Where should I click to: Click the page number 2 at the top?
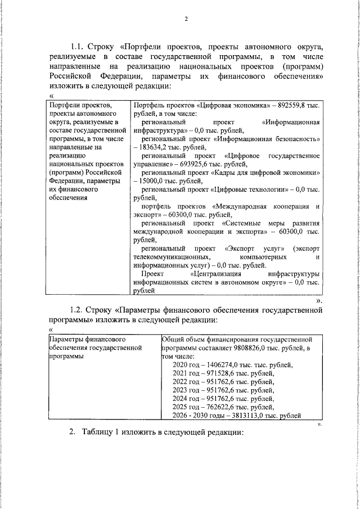tap(185, 19)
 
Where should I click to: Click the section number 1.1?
tap(78, 46)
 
